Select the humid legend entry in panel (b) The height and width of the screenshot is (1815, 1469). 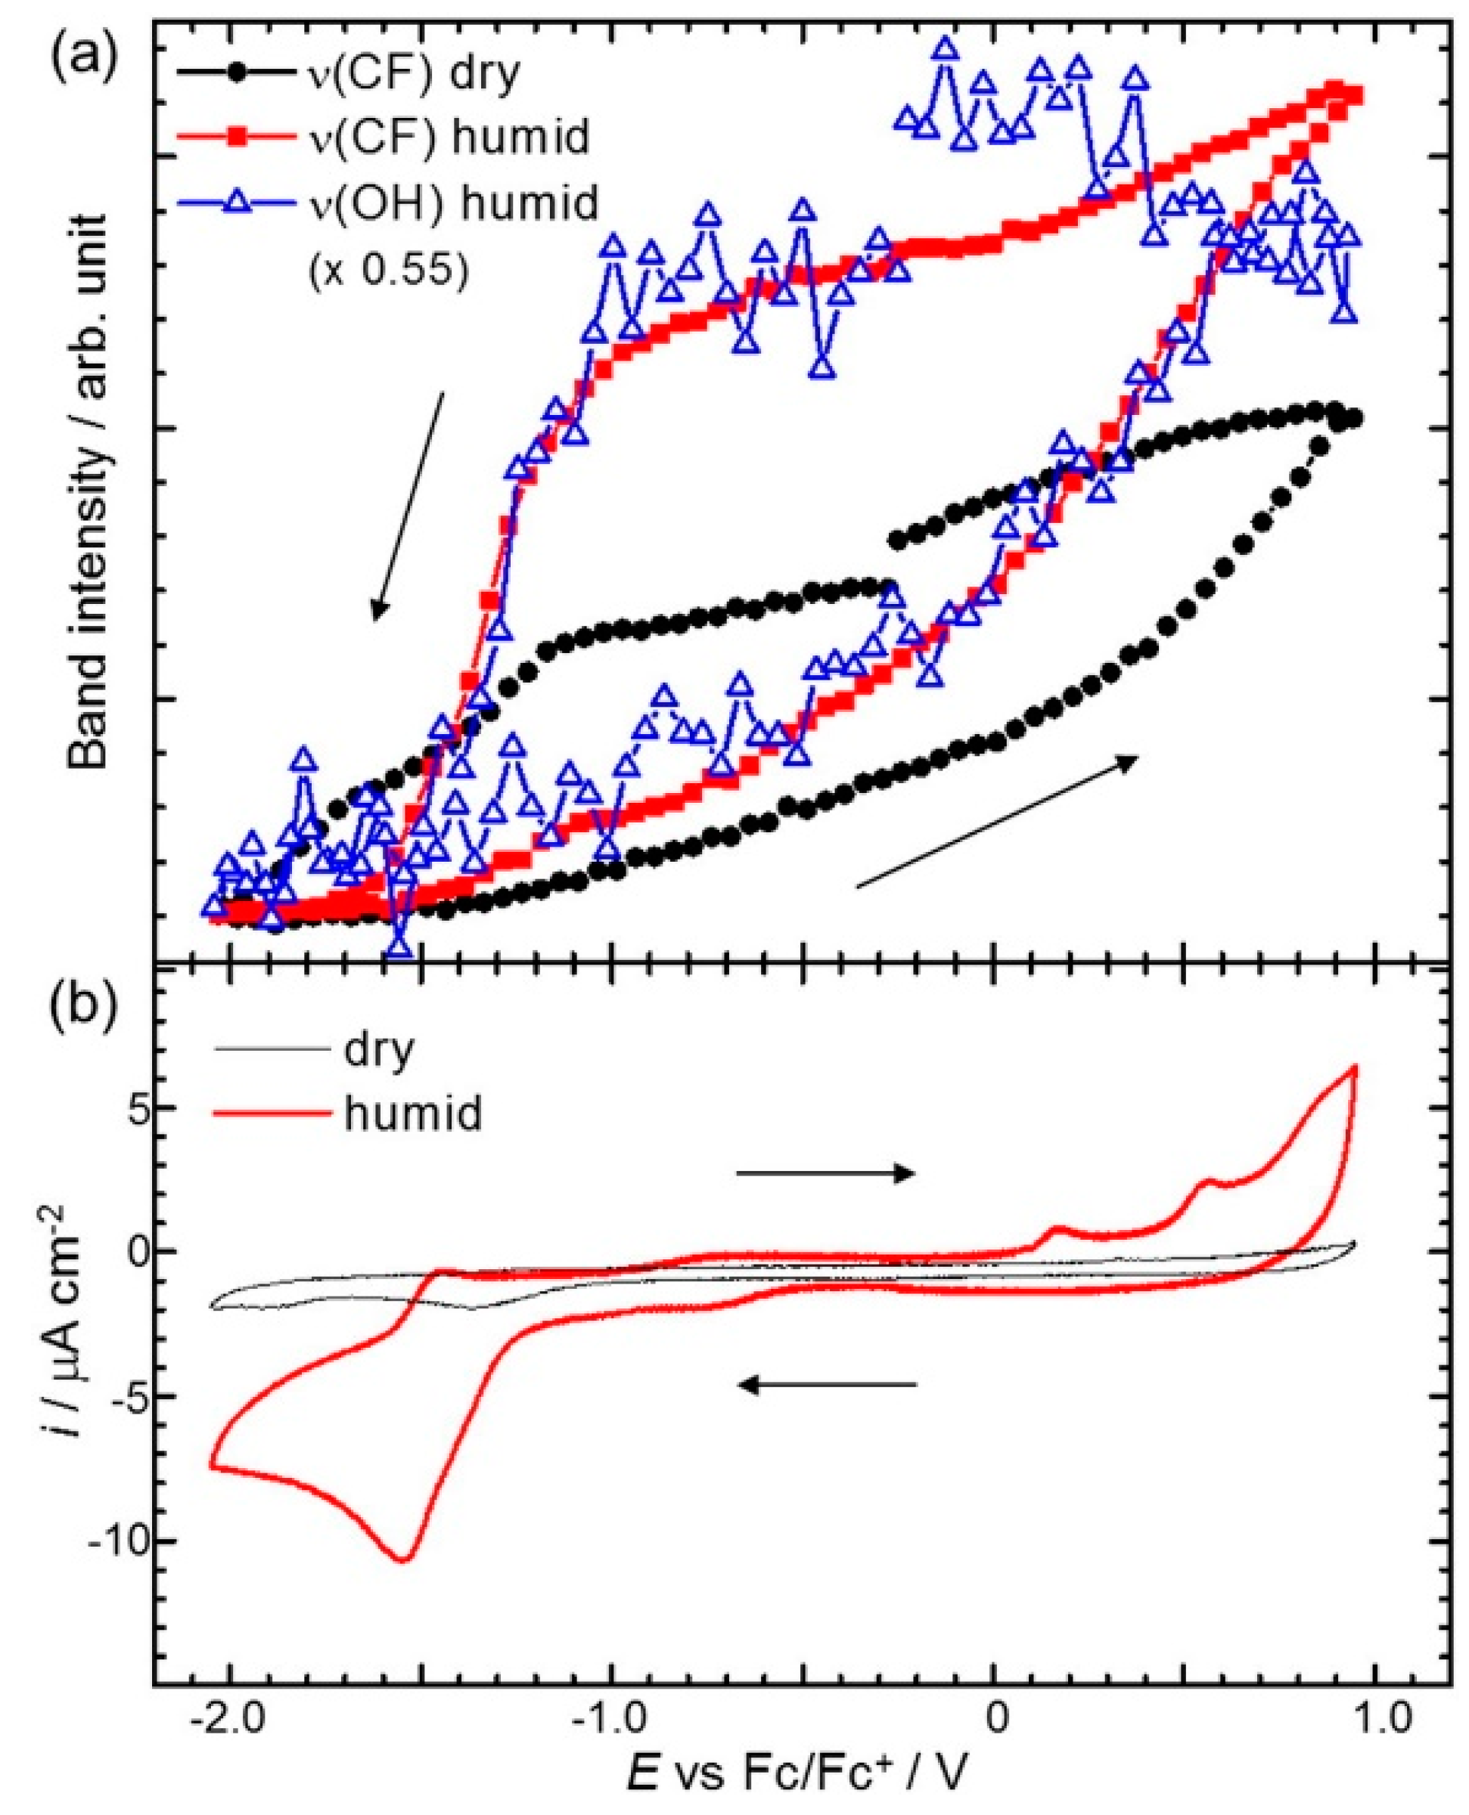[x=413, y=1113]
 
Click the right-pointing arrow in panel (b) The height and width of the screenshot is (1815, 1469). [x=825, y=1172]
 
